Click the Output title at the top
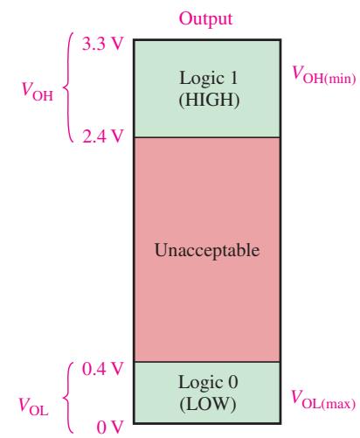click(x=205, y=19)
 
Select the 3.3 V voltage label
click(x=103, y=45)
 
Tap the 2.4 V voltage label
click(x=103, y=136)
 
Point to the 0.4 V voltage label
click(x=103, y=369)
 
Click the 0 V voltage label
click(x=110, y=428)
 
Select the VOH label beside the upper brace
click(x=38, y=92)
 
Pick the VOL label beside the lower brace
click(x=33, y=406)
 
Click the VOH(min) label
click(x=324, y=75)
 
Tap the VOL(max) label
click(x=323, y=400)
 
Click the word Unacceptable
click(x=207, y=250)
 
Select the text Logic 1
click(x=209, y=79)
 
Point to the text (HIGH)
click(x=209, y=100)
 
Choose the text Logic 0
click(x=208, y=382)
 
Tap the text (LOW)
click(x=208, y=404)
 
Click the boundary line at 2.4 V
click(x=207, y=137)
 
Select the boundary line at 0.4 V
click(x=207, y=362)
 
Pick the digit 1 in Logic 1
click(x=233, y=78)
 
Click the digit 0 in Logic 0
click(x=233, y=382)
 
